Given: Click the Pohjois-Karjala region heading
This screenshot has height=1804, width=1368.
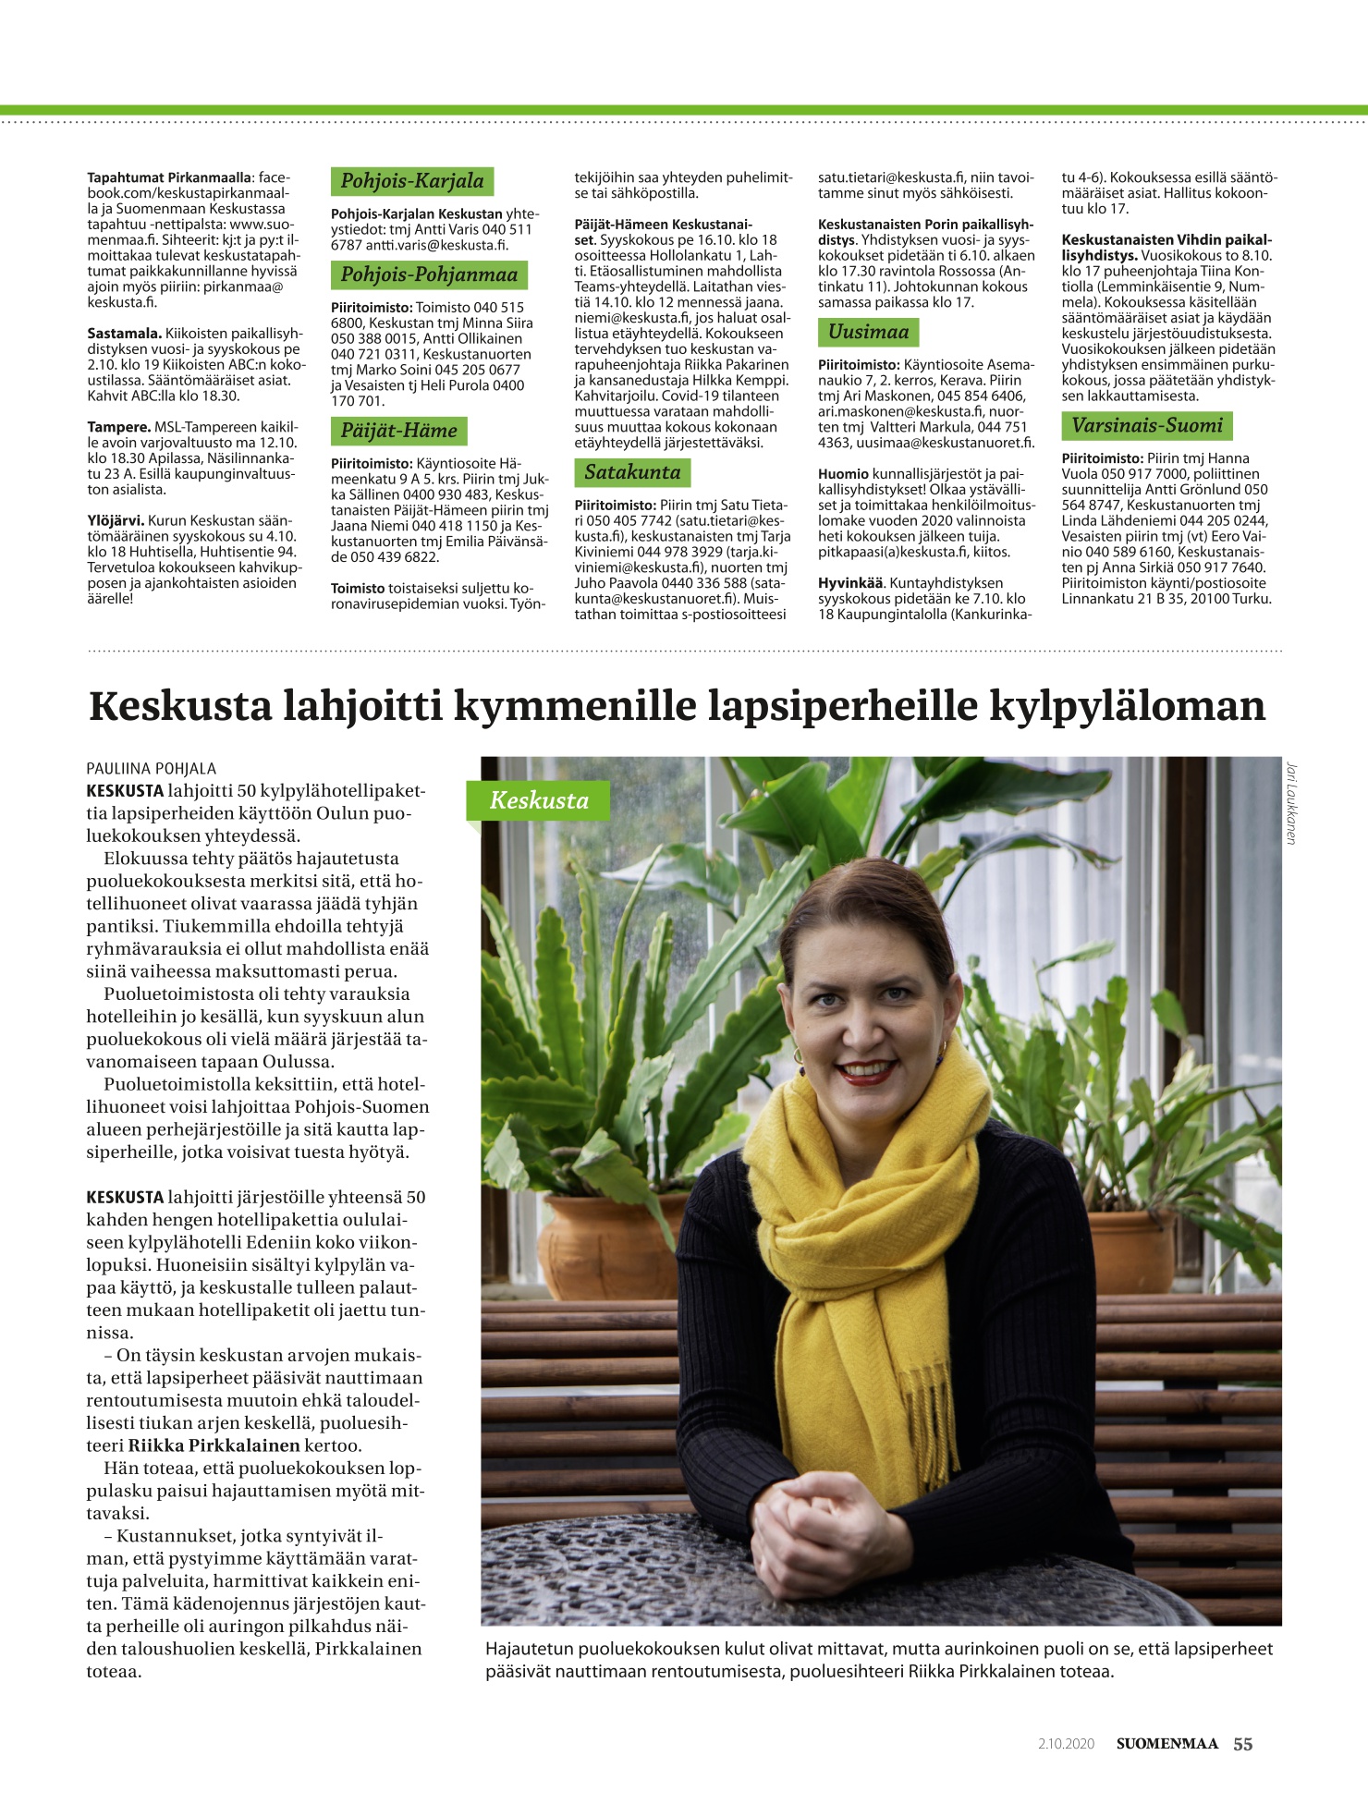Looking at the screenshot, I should [x=412, y=181].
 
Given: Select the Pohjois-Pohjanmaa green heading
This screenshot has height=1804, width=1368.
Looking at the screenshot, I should [x=429, y=274].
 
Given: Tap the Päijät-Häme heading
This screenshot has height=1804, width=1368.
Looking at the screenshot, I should [x=398, y=431].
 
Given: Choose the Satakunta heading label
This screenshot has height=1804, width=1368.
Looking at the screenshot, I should [x=632, y=472].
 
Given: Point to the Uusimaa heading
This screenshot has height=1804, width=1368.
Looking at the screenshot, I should [x=868, y=332].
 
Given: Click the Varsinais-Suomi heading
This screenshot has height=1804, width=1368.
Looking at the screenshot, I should [x=1147, y=426].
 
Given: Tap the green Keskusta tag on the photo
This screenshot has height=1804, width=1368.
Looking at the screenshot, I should [x=538, y=800].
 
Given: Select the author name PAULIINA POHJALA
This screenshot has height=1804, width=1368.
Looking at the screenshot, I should [x=151, y=768].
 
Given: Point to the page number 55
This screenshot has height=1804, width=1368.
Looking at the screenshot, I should [x=1243, y=1744].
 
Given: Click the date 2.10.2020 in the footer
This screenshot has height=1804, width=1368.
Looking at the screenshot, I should [x=1066, y=1744].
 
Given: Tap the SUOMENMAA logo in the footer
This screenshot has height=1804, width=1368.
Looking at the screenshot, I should [x=1166, y=1744].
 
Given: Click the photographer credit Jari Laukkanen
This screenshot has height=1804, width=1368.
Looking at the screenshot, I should [x=1290, y=802].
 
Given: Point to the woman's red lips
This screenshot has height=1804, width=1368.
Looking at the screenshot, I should [x=864, y=1072].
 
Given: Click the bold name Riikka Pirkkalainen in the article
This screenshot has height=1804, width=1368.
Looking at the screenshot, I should [x=214, y=1445].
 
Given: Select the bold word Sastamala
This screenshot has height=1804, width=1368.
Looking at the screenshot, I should [x=125, y=334].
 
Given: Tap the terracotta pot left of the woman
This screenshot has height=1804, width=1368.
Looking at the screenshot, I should [x=601, y=1243].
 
